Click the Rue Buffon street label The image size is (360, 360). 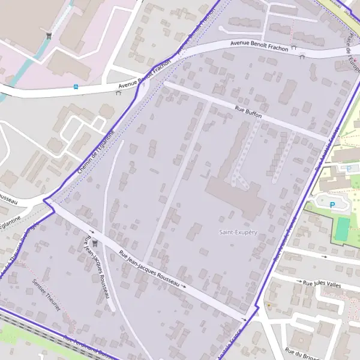point(248,112)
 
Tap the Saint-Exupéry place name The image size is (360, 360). point(238,232)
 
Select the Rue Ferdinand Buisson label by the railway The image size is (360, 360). point(84,346)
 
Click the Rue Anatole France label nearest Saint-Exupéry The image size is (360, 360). point(286,238)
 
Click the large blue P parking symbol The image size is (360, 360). point(332,205)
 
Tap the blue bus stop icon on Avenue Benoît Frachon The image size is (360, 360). point(76,86)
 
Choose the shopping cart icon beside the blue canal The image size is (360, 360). point(49,35)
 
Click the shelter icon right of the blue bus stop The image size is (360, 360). point(118,92)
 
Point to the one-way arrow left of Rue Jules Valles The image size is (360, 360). point(325,256)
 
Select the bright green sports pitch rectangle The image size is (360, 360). point(342,230)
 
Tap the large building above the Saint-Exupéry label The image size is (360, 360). point(237,195)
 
